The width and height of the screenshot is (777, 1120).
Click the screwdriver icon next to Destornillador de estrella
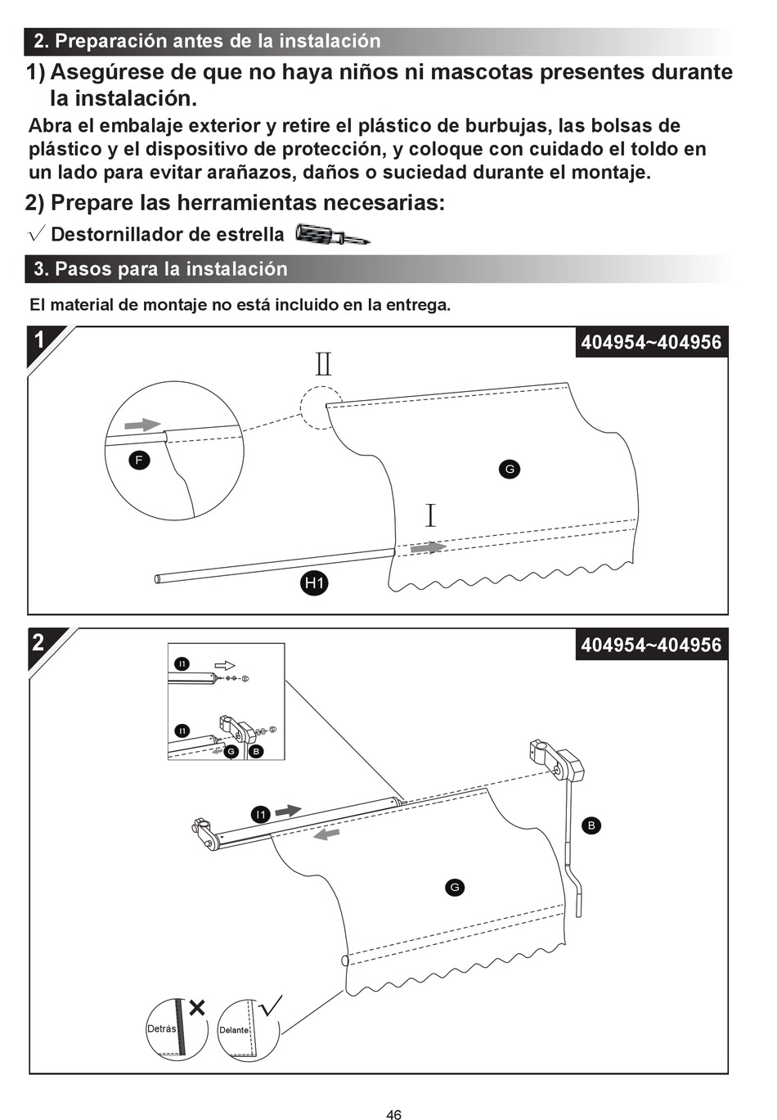tap(332, 235)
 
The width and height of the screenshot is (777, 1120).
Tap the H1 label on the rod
tap(313, 583)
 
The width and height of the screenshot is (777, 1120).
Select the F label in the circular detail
tap(139, 461)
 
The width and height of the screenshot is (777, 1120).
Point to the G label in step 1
tap(509, 469)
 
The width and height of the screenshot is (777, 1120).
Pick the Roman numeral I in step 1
tap(430, 515)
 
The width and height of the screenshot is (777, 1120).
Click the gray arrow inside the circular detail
tap(142, 425)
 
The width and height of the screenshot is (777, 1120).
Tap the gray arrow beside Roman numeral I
tap(428, 547)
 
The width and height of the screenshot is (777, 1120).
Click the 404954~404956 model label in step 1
tap(651, 343)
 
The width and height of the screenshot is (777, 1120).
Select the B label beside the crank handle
tap(591, 825)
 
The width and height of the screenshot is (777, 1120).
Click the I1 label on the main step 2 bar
tap(261, 815)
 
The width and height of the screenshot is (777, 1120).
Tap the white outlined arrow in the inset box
tap(224, 665)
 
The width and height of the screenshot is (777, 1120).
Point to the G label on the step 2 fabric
tap(455, 888)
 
